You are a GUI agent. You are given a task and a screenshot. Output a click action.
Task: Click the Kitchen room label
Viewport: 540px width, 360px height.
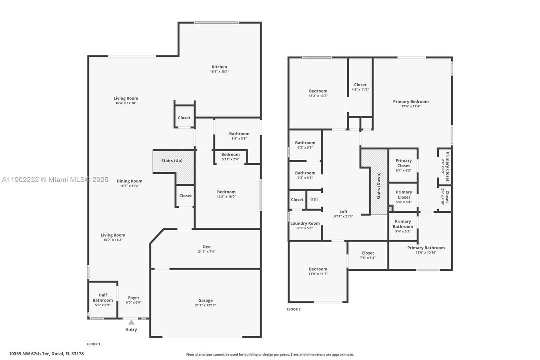click(219, 67)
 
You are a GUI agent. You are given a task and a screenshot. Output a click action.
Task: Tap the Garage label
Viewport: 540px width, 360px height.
click(205, 301)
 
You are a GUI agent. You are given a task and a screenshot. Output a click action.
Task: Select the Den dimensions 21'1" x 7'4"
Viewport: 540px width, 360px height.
click(206, 251)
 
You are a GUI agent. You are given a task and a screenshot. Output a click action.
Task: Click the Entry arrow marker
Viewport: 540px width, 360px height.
click(131, 323)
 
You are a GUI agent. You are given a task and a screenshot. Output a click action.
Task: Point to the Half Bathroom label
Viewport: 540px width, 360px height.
click(103, 298)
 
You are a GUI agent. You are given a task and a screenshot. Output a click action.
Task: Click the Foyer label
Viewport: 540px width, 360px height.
click(134, 298)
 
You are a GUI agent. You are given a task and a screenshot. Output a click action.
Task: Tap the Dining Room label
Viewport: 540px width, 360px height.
click(129, 181)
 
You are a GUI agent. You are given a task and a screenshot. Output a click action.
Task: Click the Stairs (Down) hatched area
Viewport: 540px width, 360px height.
click(378, 182)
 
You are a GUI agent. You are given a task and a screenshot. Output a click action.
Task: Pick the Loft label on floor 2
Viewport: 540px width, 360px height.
click(343, 211)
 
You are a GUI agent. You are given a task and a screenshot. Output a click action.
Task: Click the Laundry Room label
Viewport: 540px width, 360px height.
click(305, 223)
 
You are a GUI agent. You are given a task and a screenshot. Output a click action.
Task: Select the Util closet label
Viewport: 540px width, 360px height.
click(314, 199)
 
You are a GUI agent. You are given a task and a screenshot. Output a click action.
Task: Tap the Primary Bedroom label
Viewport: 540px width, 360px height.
click(411, 102)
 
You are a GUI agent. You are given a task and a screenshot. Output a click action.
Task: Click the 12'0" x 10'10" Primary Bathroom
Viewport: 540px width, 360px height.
click(426, 250)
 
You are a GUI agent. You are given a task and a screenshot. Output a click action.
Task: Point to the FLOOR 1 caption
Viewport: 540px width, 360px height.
click(93, 344)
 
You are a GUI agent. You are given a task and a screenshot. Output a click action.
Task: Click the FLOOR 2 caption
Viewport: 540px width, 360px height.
click(294, 309)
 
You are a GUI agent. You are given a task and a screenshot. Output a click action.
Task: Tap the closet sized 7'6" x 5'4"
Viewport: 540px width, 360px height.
click(367, 255)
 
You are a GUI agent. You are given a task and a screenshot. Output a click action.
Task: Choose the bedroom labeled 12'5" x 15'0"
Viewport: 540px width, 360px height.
click(226, 194)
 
